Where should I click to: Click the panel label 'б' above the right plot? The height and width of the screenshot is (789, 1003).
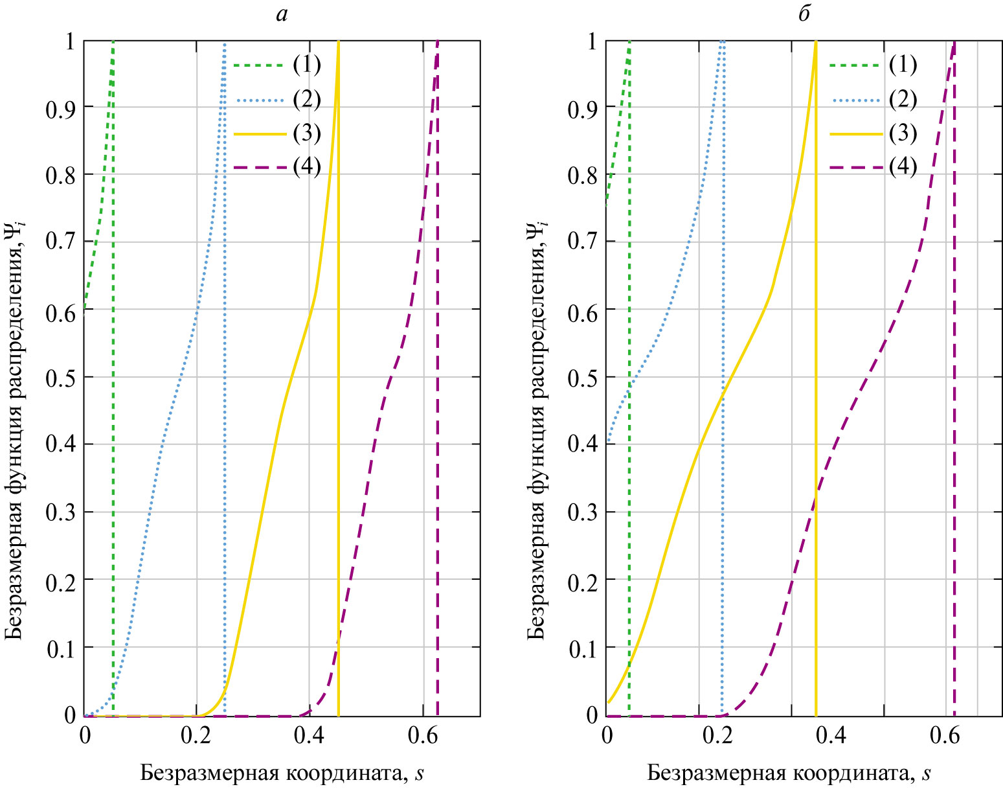click(x=804, y=14)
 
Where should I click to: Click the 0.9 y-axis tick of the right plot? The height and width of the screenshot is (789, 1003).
click(x=582, y=108)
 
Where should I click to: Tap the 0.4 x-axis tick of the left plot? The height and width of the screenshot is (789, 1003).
click(x=310, y=736)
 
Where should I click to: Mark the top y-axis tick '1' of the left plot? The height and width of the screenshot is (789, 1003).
click(x=71, y=41)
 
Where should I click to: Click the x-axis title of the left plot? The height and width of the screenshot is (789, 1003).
click(x=282, y=773)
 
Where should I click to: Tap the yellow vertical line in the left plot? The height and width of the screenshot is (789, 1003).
click(x=339, y=453)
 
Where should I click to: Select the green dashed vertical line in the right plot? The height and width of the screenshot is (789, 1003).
click(x=629, y=518)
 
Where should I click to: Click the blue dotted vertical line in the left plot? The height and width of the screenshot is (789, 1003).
click(x=225, y=453)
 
